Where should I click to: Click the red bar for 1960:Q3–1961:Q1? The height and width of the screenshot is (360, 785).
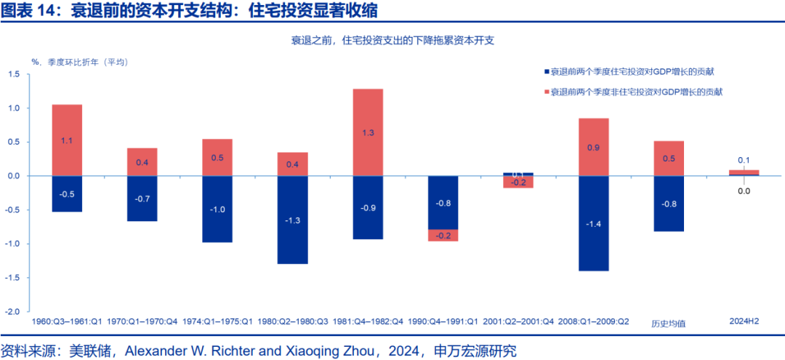[67, 140]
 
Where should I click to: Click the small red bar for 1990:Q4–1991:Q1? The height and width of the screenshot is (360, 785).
[443, 235]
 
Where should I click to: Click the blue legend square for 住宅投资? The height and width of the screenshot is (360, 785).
[545, 72]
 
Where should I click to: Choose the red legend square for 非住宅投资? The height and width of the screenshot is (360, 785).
[545, 92]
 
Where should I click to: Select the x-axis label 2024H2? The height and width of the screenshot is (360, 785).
[744, 321]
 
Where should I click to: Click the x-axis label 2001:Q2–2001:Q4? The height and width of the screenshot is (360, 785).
[518, 321]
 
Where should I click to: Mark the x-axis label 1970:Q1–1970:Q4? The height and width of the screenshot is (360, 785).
[142, 321]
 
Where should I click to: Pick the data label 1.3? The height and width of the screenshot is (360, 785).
[368, 133]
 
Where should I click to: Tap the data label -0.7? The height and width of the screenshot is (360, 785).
[142, 199]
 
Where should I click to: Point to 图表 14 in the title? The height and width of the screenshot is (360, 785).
[25, 11]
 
